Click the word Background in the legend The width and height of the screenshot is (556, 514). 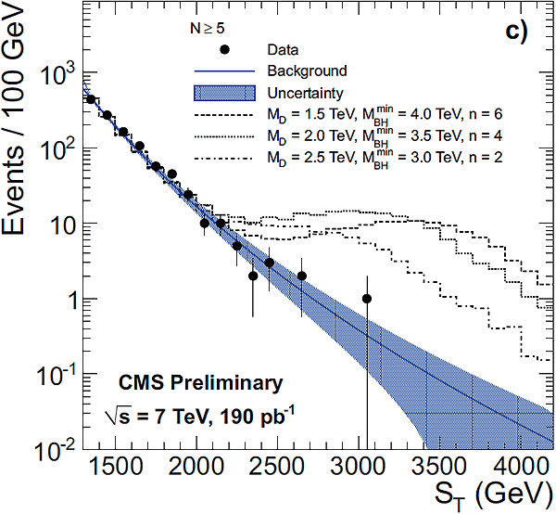(x=306, y=71)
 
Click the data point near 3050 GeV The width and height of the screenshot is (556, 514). (x=367, y=299)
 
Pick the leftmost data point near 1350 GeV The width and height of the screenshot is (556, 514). (x=91, y=99)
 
